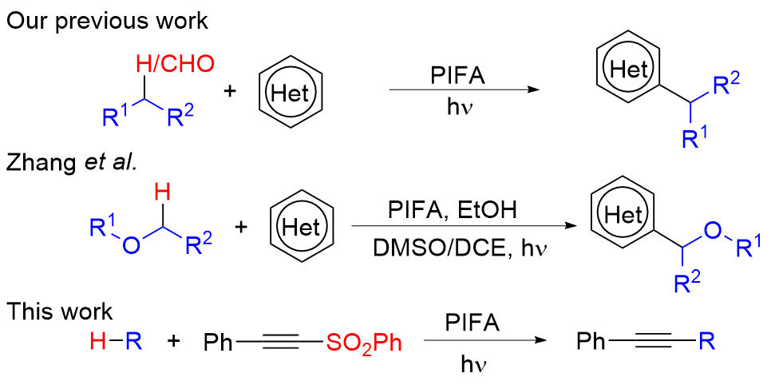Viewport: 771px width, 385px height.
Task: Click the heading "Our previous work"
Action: coord(107,21)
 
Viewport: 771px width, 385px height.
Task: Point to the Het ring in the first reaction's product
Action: coord(628,70)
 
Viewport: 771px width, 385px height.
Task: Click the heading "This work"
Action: coord(60,310)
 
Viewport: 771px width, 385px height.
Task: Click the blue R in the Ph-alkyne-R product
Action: coord(706,343)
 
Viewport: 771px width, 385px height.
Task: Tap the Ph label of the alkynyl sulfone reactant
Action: coord(218,344)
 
